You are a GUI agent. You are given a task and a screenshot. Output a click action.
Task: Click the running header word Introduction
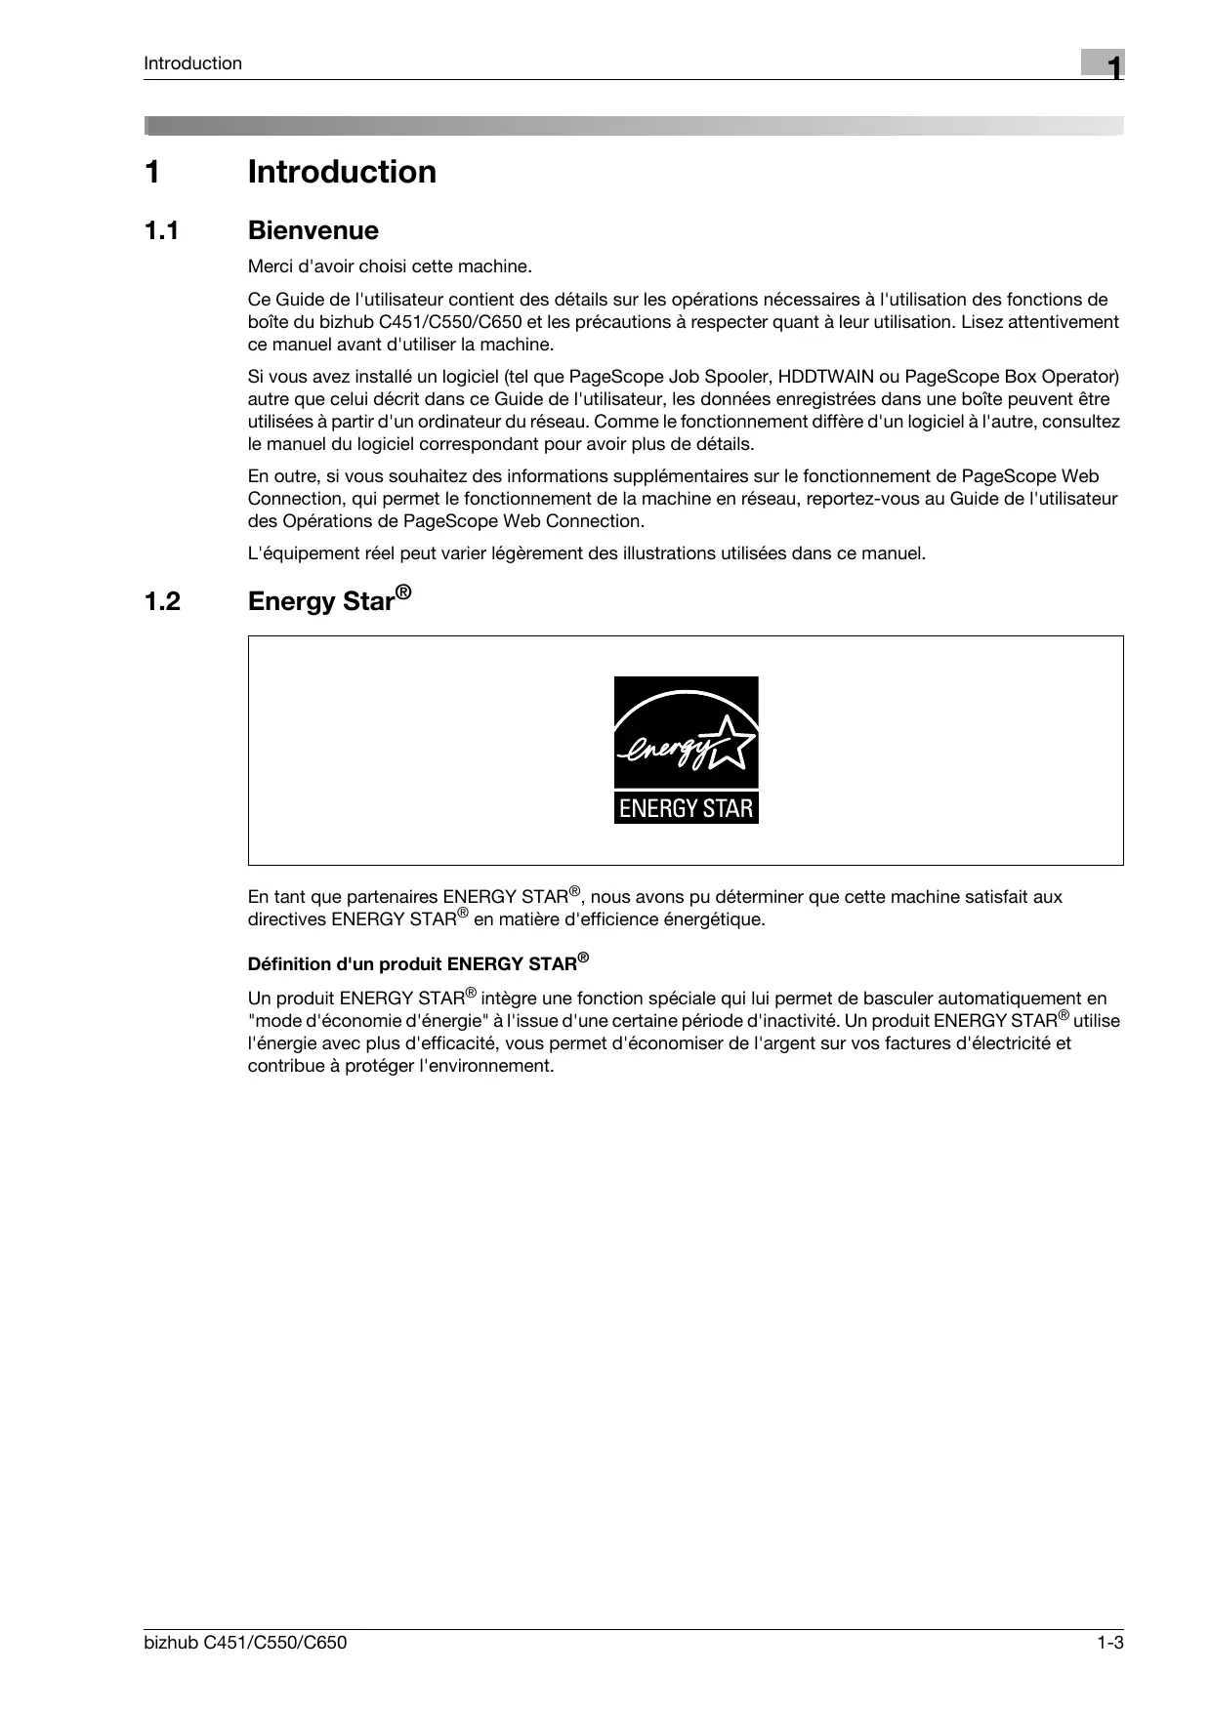(192, 63)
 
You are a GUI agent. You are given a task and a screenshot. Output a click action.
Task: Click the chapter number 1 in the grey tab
(1111, 66)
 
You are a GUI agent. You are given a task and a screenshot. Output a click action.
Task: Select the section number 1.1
(163, 231)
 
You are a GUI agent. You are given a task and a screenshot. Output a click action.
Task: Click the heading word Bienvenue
(313, 231)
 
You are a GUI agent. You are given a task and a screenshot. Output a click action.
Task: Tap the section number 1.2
(163, 601)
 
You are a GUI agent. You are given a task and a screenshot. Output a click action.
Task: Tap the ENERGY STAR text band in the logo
(686, 808)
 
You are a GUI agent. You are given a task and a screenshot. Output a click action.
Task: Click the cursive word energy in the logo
(662, 752)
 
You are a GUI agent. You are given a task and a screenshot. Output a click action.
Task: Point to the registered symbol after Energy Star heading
(403, 592)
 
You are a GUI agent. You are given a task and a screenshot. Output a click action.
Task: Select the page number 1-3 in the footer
(1110, 1643)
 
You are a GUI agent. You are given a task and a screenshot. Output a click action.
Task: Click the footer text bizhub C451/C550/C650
(245, 1643)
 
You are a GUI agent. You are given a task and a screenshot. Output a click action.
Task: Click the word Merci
(270, 266)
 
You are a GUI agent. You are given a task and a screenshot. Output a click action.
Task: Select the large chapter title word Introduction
(342, 172)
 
